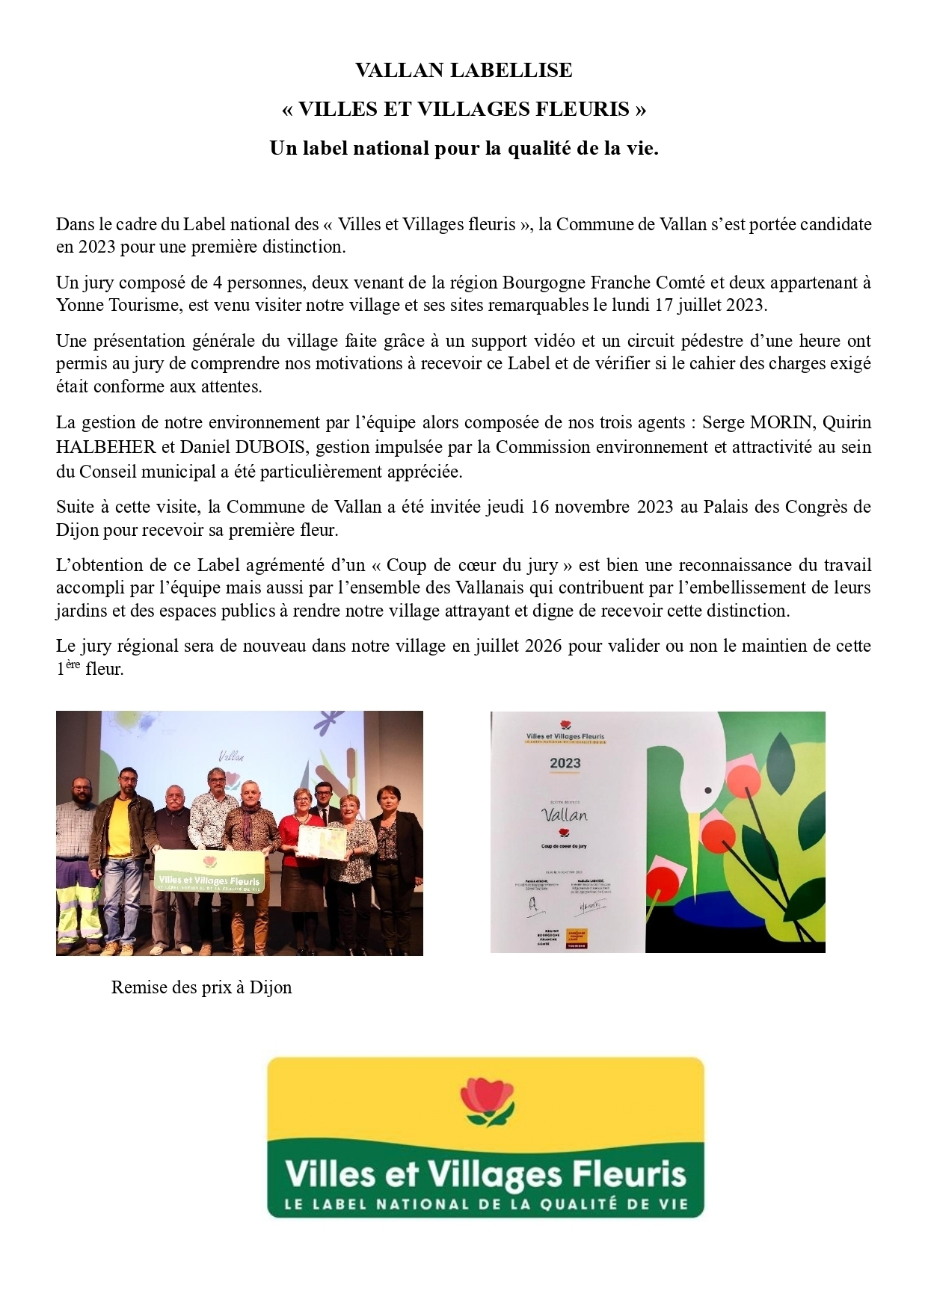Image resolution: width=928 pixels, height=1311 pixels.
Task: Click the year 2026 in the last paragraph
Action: (x=543, y=646)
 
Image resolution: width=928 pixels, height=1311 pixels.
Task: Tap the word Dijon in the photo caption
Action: (x=270, y=987)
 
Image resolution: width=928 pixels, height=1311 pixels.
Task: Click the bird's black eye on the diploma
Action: (x=709, y=787)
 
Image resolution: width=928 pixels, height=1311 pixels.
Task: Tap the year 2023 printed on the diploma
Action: (x=565, y=763)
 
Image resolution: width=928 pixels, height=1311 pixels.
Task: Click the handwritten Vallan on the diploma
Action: (x=565, y=815)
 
